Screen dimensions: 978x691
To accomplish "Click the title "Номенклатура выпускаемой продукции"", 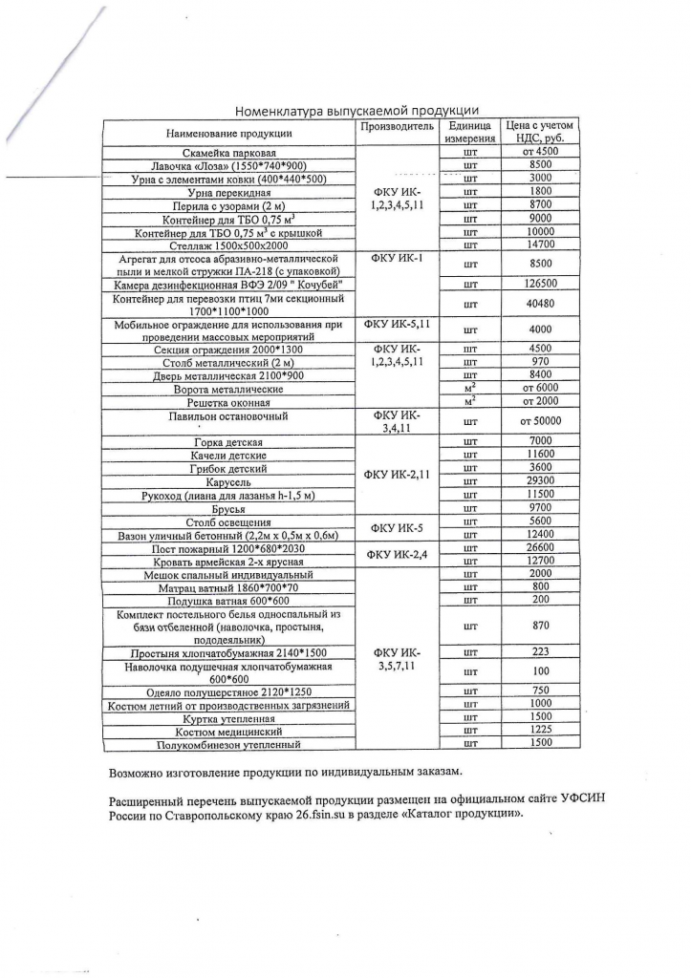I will pos(356,111).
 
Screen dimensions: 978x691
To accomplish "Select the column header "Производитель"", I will pos(397,126).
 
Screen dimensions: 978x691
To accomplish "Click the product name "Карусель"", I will pos(228,481).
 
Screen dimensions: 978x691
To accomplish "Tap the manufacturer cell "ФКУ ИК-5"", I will pos(397,528).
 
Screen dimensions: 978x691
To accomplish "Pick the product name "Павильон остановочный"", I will pos(228,416).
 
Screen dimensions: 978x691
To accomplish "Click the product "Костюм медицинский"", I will pos(228,731).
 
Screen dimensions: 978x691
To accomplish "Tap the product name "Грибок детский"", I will pos(228,468).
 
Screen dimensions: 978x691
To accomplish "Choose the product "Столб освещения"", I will pos(228,522).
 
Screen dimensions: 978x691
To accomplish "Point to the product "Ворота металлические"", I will pos(228,390).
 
